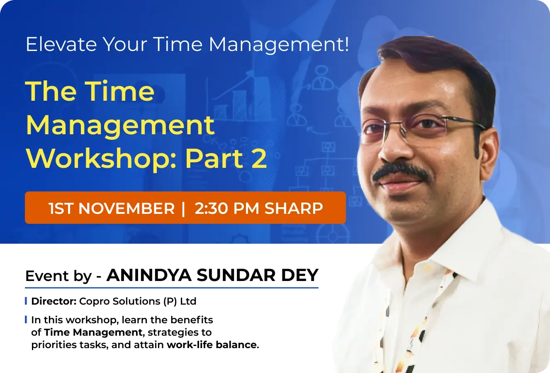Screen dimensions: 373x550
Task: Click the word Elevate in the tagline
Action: [61, 44]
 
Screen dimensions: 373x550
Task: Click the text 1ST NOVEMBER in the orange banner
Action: [112, 208]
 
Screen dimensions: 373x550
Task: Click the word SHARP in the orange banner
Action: [294, 208]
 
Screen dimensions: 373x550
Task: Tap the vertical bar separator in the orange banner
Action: [183, 208]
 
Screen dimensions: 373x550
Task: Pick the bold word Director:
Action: [54, 301]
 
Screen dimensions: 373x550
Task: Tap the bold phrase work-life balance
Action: [212, 345]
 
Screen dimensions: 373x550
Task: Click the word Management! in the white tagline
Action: [279, 44]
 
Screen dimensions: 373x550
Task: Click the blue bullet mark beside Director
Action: [26, 301]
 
